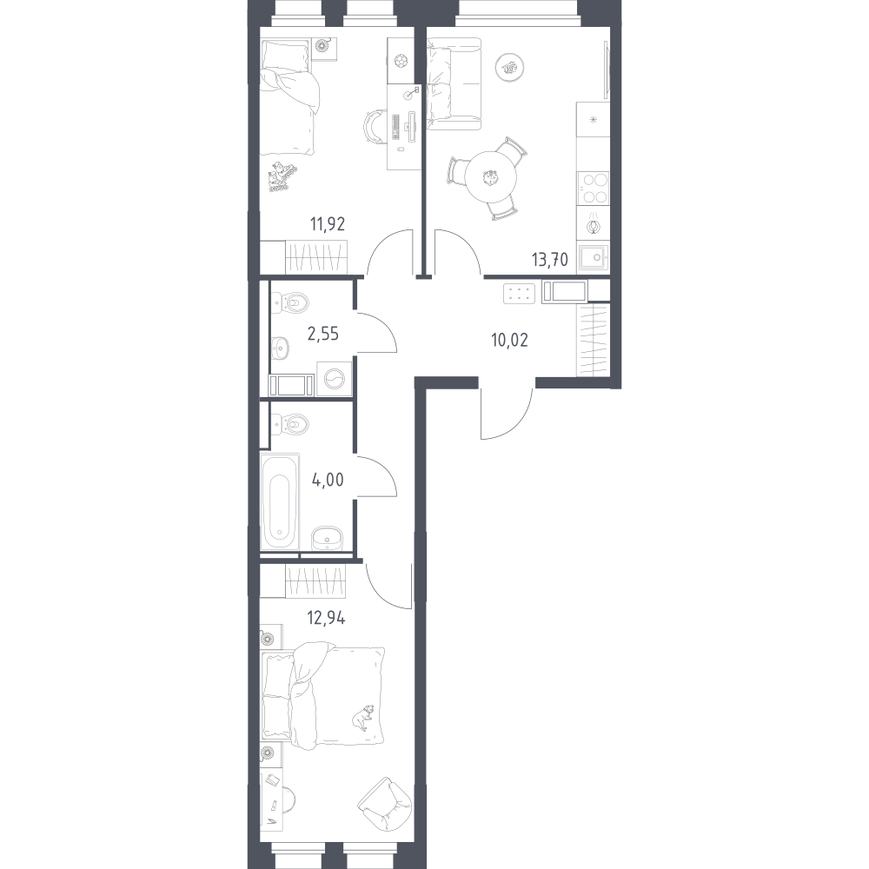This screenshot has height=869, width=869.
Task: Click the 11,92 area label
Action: (x=328, y=224)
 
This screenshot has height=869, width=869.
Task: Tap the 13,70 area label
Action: (x=550, y=259)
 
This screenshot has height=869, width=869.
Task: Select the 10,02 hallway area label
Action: (x=509, y=340)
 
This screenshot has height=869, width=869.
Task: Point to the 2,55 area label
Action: (x=322, y=335)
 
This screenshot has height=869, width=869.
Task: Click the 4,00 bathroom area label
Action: (x=328, y=480)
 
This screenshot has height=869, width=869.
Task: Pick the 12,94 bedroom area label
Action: (x=327, y=617)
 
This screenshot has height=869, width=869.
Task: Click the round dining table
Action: (x=490, y=177)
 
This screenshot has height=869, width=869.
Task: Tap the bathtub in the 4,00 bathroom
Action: (x=280, y=501)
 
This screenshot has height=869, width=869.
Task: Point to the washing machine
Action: (x=335, y=379)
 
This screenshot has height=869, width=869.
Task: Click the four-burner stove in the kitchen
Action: (x=593, y=188)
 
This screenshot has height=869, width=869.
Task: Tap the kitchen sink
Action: (x=593, y=258)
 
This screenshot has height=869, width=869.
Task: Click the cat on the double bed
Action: (x=362, y=717)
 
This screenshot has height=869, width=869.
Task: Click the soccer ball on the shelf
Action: (x=399, y=61)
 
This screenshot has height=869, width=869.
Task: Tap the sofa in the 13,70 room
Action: (x=454, y=83)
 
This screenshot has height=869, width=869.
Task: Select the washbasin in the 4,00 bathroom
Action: (x=327, y=538)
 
